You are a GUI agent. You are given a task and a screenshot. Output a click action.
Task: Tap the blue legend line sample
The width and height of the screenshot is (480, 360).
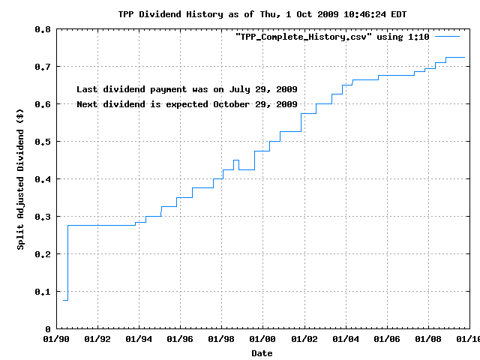coord(447,36)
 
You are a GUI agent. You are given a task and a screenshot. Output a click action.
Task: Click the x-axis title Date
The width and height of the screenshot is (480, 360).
coord(262,352)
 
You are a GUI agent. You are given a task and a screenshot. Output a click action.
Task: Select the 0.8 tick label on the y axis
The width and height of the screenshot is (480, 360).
coord(42,29)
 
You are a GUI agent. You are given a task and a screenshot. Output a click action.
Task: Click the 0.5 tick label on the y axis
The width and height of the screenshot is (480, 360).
coord(42,142)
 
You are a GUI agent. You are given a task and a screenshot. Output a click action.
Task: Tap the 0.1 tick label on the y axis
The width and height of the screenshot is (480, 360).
coord(42,292)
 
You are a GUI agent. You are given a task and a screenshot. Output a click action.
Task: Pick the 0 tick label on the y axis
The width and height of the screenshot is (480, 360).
coord(48,329)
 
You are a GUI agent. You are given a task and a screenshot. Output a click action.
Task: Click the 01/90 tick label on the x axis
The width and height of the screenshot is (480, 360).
coord(57,340)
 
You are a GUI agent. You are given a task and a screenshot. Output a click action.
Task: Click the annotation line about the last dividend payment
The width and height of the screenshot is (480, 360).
coord(187,89)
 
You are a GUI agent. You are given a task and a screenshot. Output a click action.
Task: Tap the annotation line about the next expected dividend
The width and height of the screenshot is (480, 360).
coord(187,104)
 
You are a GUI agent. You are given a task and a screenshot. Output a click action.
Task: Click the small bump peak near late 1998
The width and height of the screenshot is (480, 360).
coord(236,160)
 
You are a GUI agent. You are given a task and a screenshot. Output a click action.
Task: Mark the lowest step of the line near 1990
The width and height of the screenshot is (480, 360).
coord(65,300)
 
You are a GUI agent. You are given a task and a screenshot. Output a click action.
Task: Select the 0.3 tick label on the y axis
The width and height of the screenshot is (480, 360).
coord(42,217)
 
